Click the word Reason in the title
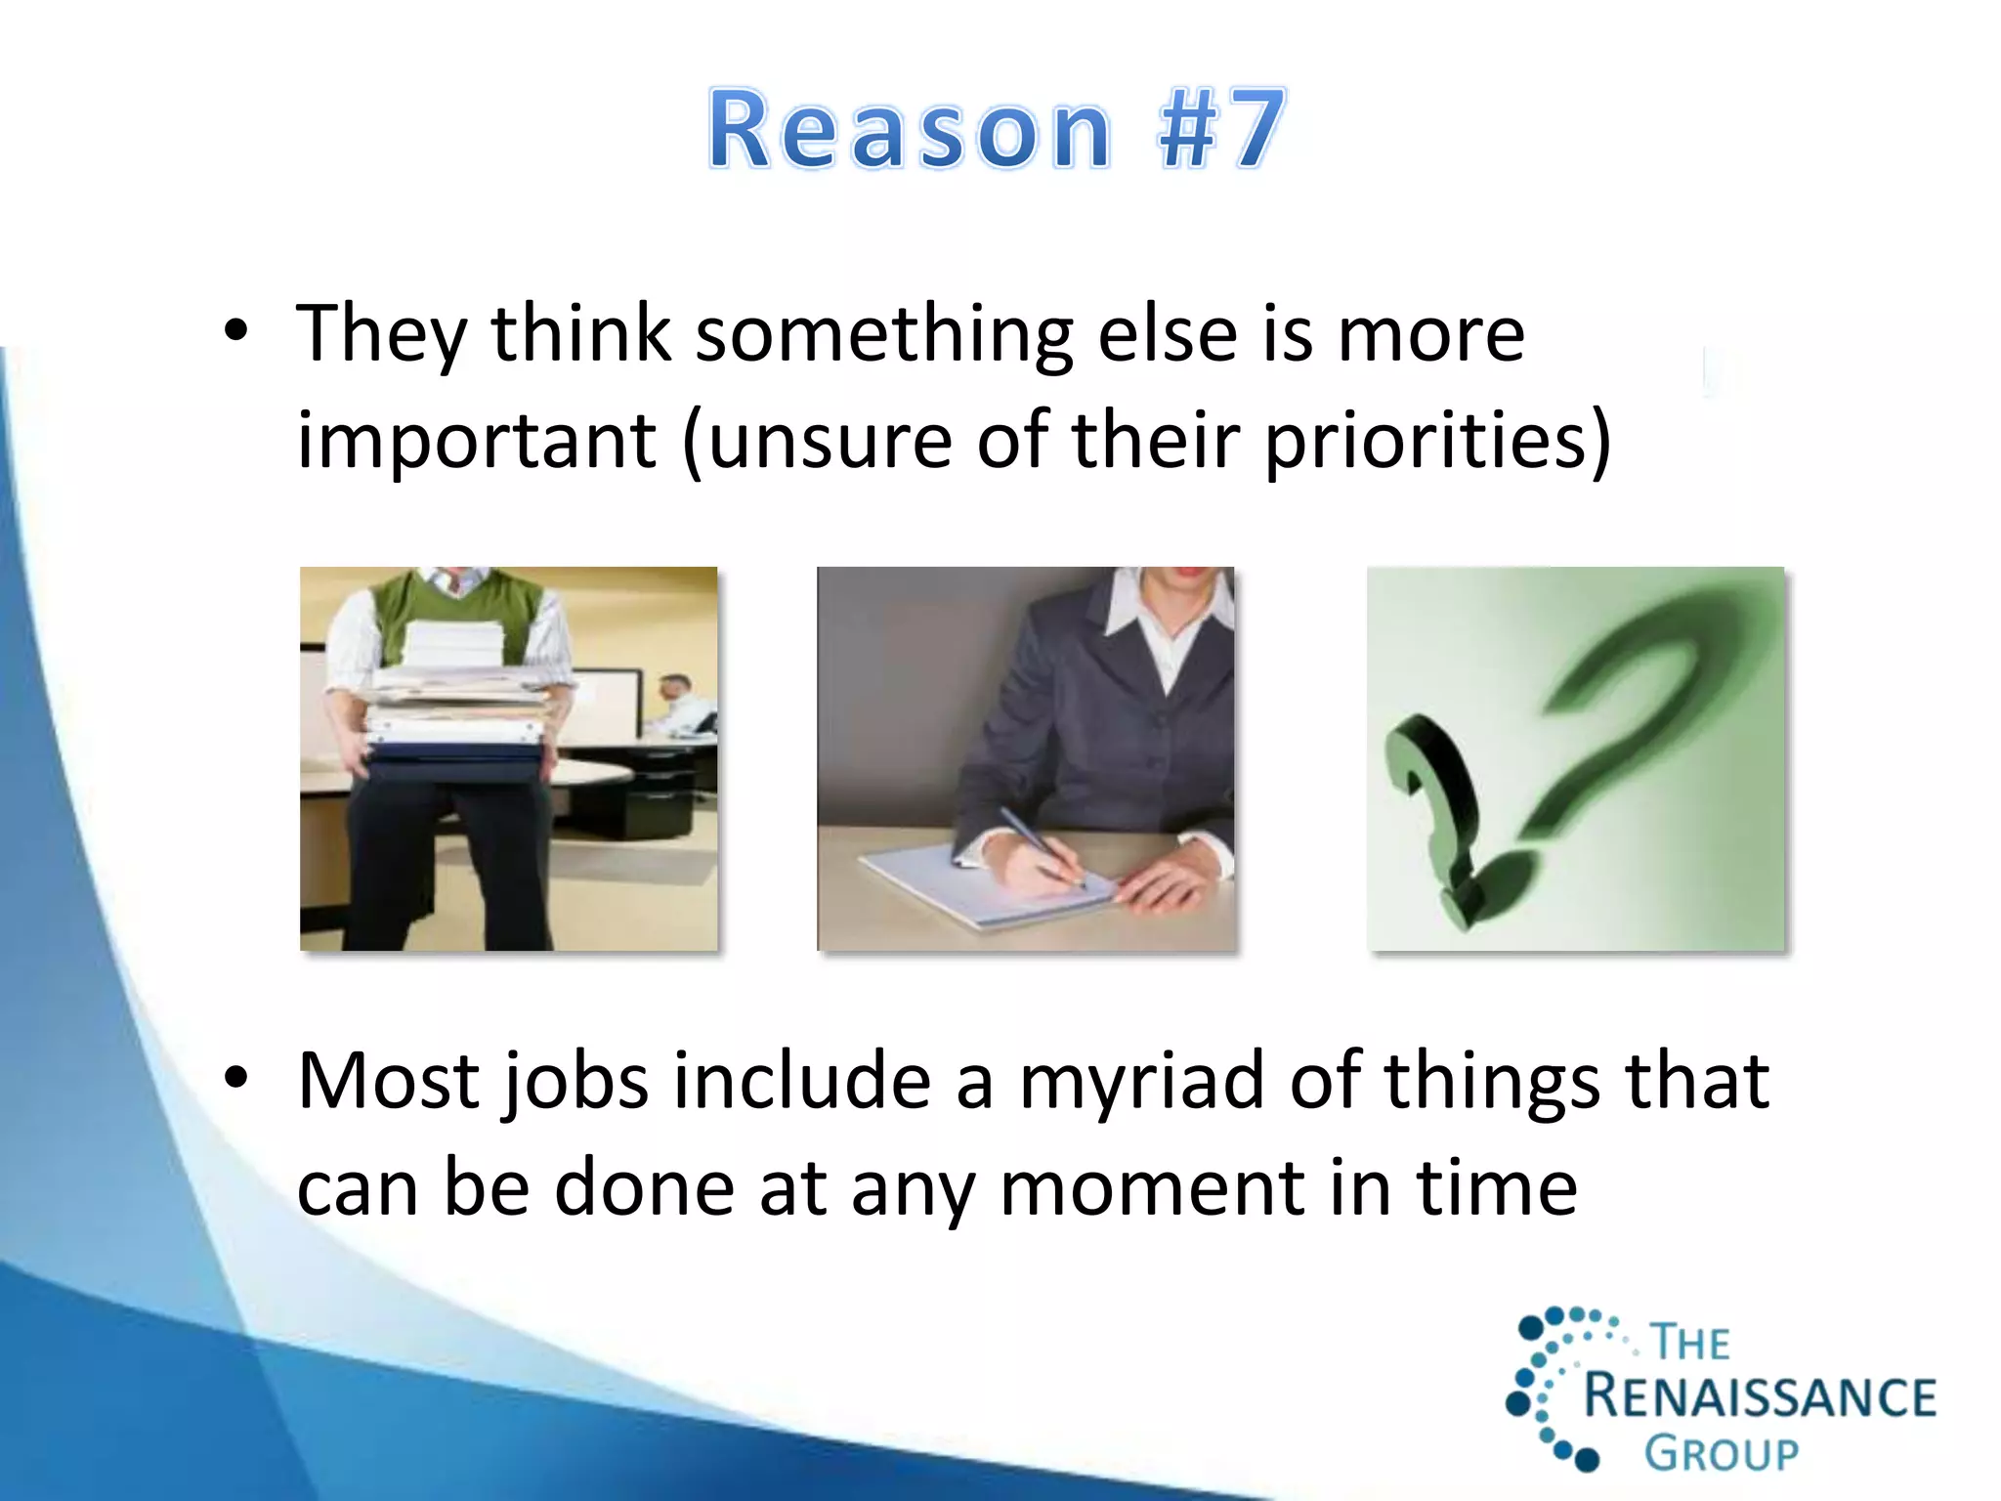[x=909, y=130]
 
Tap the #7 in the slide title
[x=1221, y=130]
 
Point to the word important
[x=477, y=442]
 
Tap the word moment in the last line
[x=1153, y=1189]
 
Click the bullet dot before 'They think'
[x=235, y=332]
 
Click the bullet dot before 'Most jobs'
[x=235, y=1079]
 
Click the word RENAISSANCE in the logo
[x=1759, y=1396]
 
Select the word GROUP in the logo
[x=1721, y=1454]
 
